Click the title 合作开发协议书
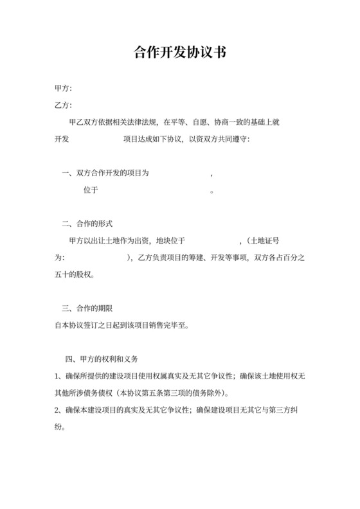pos(179,53)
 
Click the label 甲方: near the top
pos(63,88)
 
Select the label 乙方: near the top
pos(63,105)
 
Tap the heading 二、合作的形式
pos(87,224)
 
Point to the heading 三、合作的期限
pos(87,308)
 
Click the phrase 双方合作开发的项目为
pos(113,174)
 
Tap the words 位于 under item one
pos(91,190)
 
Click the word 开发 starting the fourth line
pos(62,139)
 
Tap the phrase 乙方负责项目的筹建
pos(173,258)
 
